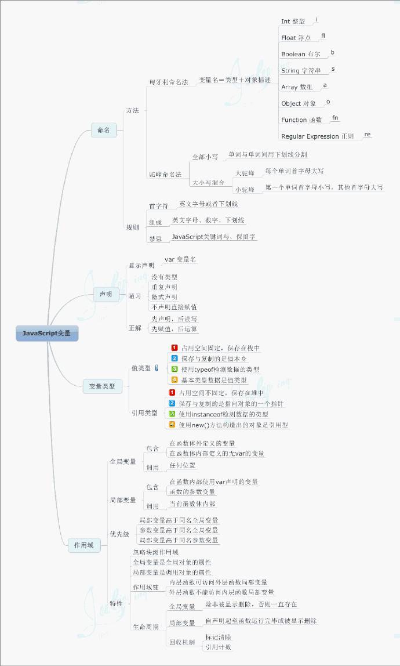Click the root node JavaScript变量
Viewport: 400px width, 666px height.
(46, 334)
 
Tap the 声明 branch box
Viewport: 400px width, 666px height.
(106, 295)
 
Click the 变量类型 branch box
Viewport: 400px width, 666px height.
(101, 386)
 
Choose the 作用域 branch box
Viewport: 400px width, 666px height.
(83, 545)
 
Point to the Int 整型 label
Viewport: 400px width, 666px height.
(293, 21)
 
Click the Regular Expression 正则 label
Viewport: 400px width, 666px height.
(317, 136)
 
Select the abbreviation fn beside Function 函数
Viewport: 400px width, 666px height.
(335, 118)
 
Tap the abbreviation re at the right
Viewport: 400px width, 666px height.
(367, 135)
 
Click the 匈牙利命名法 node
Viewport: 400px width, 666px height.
(169, 82)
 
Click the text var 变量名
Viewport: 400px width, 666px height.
(180, 259)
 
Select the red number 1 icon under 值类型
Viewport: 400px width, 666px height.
(174, 348)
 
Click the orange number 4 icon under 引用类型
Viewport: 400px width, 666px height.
(172, 425)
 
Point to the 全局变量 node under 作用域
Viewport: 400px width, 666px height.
(123, 462)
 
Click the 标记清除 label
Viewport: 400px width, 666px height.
(218, 637)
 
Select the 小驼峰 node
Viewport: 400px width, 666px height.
(245, 189)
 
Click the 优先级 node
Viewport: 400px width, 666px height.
(119, 534)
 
